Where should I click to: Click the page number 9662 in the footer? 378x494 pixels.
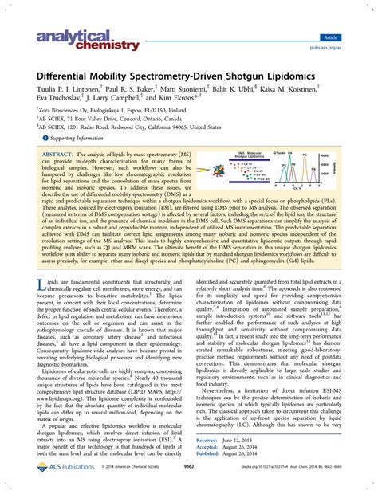188,483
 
